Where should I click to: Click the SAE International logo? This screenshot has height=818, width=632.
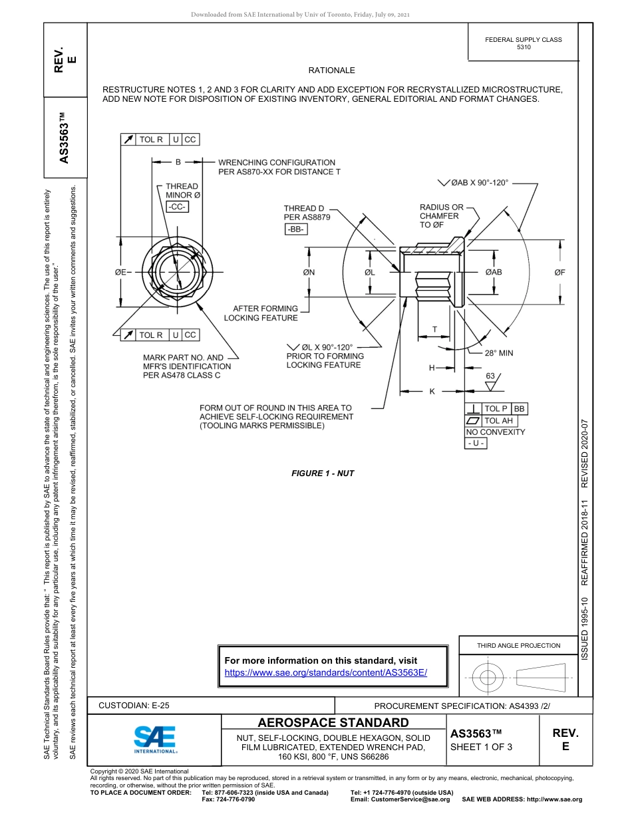(x=154, y=739)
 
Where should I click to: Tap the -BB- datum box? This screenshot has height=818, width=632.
(x=295, y=229)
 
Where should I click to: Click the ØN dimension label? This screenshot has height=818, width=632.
(x=309, y=272)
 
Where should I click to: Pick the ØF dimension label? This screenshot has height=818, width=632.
(x=560, y=272)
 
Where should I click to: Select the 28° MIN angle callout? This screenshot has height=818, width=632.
(x=499, y=353)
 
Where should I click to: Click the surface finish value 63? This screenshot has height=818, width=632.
(x=490, y=376)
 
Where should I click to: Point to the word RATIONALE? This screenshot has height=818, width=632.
(x=331, y=70)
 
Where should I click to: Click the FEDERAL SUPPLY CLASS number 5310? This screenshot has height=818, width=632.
(x=524, y=48)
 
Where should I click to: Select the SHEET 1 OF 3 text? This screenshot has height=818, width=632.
(x=482, y=746)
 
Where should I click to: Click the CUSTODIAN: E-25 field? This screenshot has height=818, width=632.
(x=134, y=706)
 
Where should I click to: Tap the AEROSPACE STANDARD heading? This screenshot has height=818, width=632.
(x=333, y=722)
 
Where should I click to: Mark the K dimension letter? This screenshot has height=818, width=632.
(x=432, y=391)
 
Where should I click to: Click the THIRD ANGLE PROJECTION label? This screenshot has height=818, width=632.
(x=518, y=645)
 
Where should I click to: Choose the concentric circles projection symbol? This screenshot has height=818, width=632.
(x=488, y=678)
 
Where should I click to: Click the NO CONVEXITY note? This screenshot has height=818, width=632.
(x=495, y=432)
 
